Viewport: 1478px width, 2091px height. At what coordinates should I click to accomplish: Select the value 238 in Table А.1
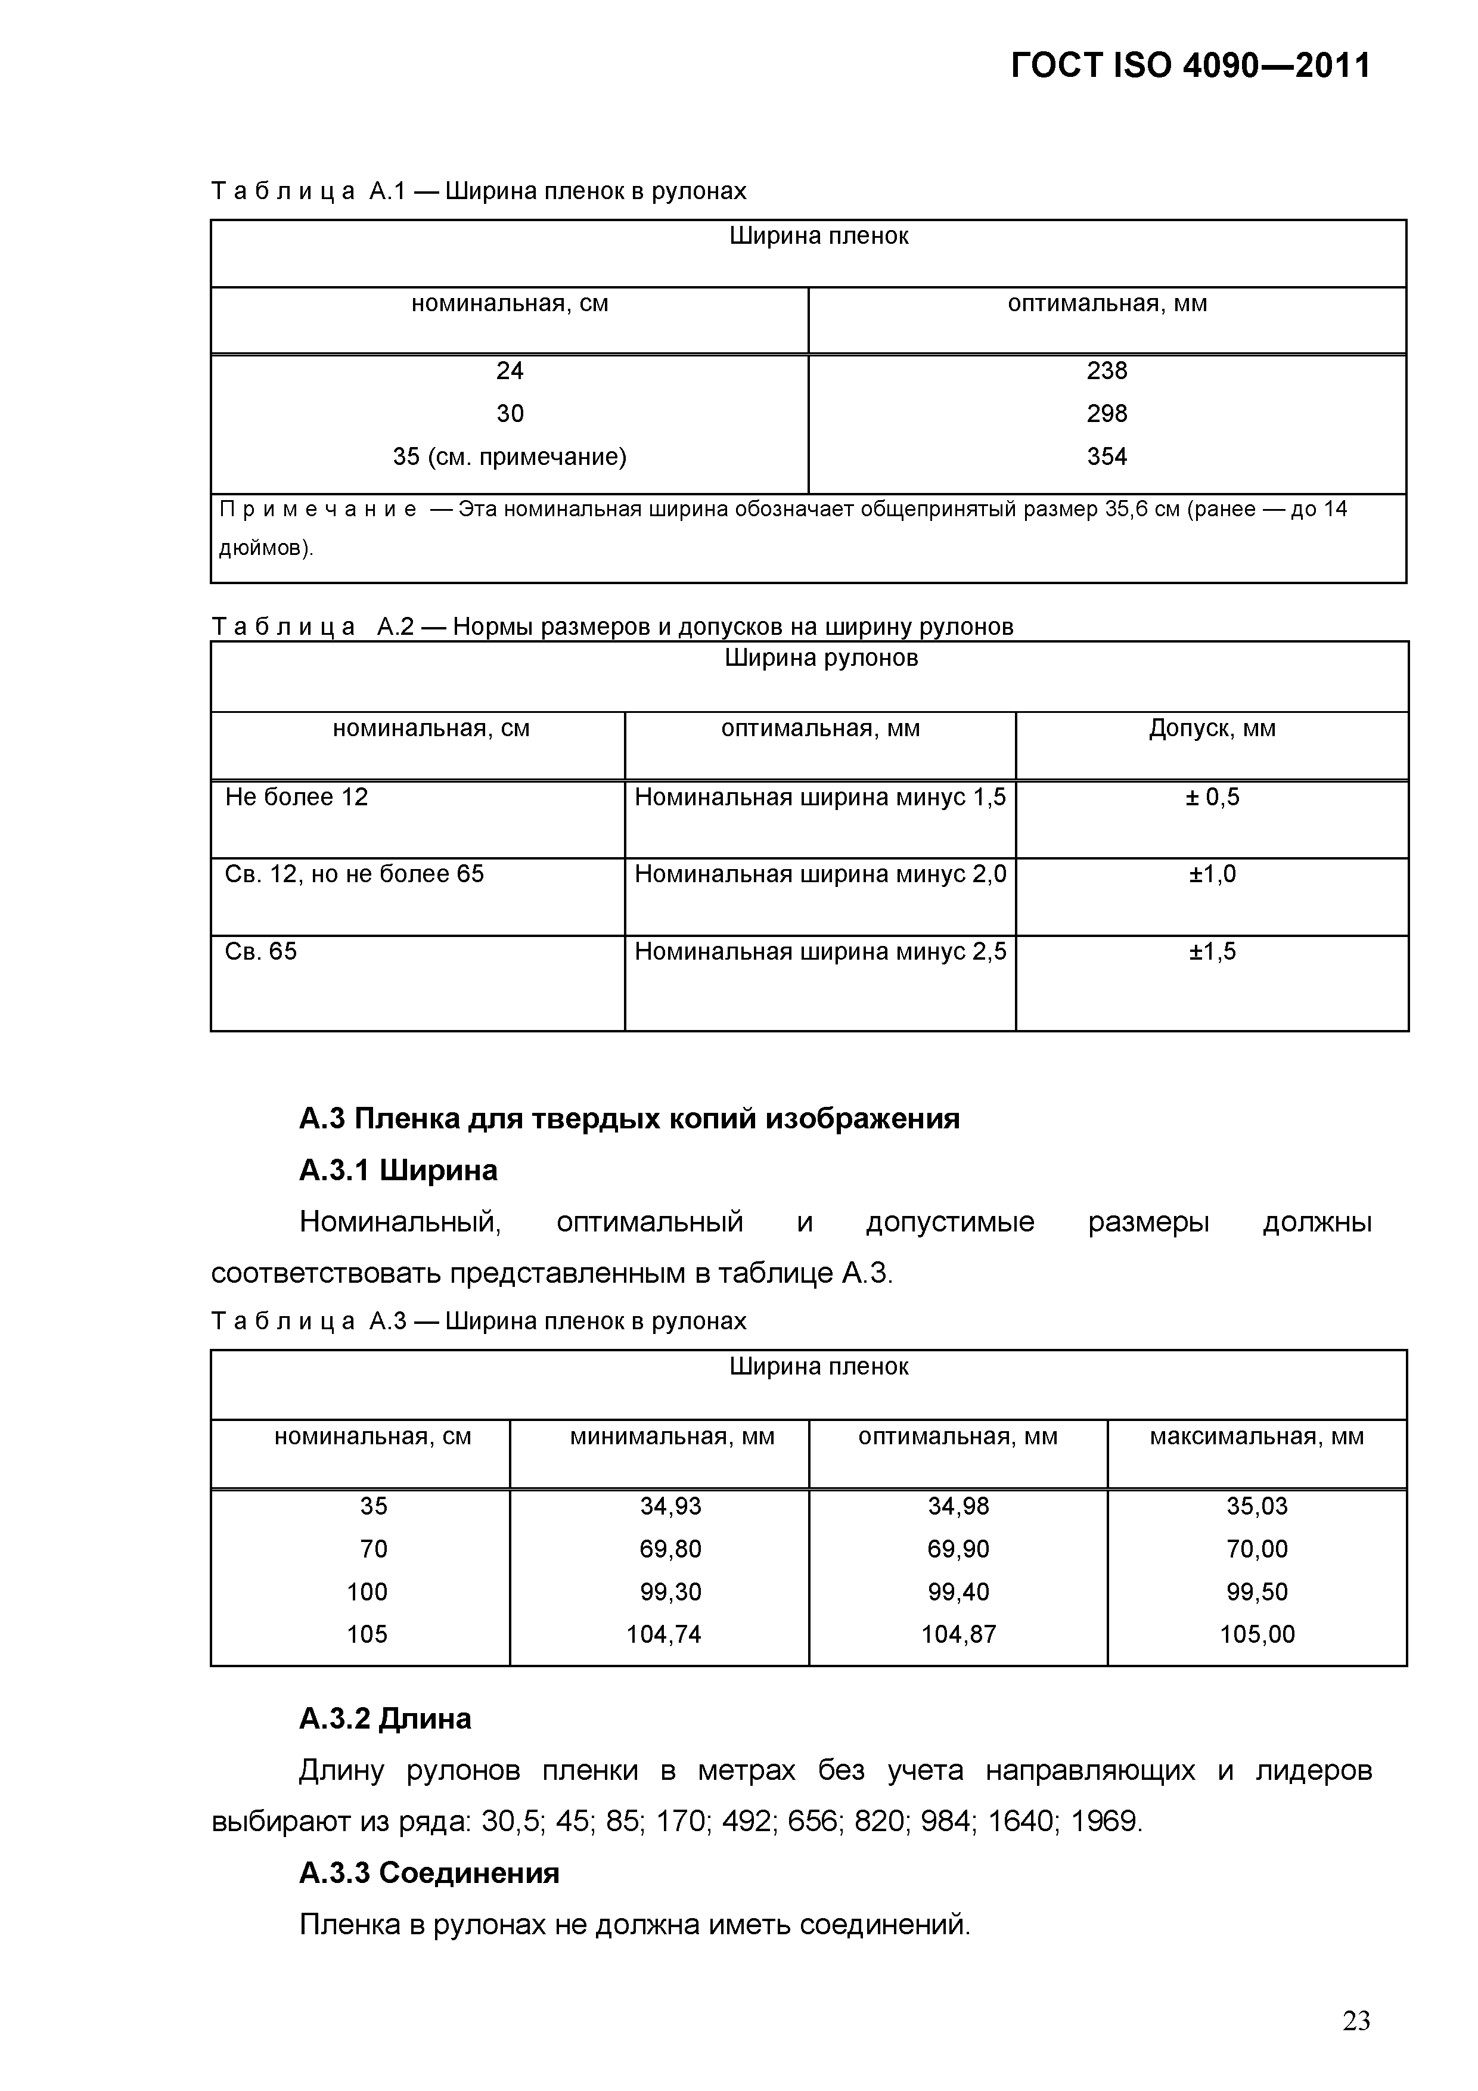[x=1107, y=371]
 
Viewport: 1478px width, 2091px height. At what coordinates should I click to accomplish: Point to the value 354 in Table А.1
[x=1107, y=456]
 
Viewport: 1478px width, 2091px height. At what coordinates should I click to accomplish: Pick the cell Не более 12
[x=296, y=797]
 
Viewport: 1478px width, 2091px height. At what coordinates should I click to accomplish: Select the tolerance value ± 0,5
[x=1212, y=797]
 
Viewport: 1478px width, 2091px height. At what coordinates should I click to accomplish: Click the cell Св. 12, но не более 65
[x=354, y=874]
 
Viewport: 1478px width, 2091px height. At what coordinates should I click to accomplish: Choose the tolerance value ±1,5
[x=1212, y=952]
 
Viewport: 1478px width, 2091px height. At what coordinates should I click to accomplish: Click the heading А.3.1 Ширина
[x=398, y=1170]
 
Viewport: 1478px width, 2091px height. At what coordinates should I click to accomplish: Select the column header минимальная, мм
[x=672, y=1437]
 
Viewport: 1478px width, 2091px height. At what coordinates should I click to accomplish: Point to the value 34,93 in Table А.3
[x=670, y=1506]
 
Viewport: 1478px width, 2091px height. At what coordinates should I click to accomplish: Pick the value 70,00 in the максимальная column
[x=1257, y=1549]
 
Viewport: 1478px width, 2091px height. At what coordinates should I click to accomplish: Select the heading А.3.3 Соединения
[x=429, y=1873]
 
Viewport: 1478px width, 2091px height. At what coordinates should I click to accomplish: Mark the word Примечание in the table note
[x=318, y=509]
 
